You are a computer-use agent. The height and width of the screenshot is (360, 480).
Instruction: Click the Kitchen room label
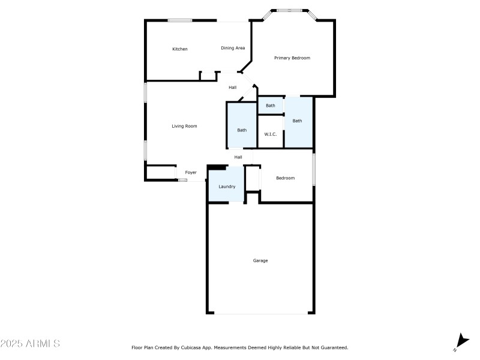[x=180, y=49]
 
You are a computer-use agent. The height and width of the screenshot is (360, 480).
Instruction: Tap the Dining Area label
[x=233, y=48]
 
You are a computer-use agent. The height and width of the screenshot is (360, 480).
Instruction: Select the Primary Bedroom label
[x=292, y=58]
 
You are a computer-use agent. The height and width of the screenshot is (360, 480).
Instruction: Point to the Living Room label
[x=184, y=126]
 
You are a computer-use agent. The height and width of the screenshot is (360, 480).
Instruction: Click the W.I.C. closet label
[x=270, y=134]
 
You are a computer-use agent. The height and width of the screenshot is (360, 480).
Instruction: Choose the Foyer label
[x=191, y=173]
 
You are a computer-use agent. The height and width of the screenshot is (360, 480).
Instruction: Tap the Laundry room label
[x=227, y=187]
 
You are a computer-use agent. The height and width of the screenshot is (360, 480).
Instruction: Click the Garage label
[x=260, y=260]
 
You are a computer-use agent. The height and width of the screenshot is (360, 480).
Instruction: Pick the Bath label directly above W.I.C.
[x=271, y=106]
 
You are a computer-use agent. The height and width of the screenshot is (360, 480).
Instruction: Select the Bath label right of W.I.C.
[x=298, y=121]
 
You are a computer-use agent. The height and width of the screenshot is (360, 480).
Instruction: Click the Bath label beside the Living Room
[x=242, y=130]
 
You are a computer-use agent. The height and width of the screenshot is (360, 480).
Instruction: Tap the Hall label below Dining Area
[x=232, y=88]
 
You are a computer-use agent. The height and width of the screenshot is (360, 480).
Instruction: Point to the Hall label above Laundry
[x=238, y=157]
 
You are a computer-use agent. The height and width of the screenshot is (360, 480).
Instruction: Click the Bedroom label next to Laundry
[x=285, y=178]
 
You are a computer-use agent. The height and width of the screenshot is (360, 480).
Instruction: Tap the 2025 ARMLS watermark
[x=30, y=344]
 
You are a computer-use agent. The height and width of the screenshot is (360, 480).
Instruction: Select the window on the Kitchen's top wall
[x=179, y=20]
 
